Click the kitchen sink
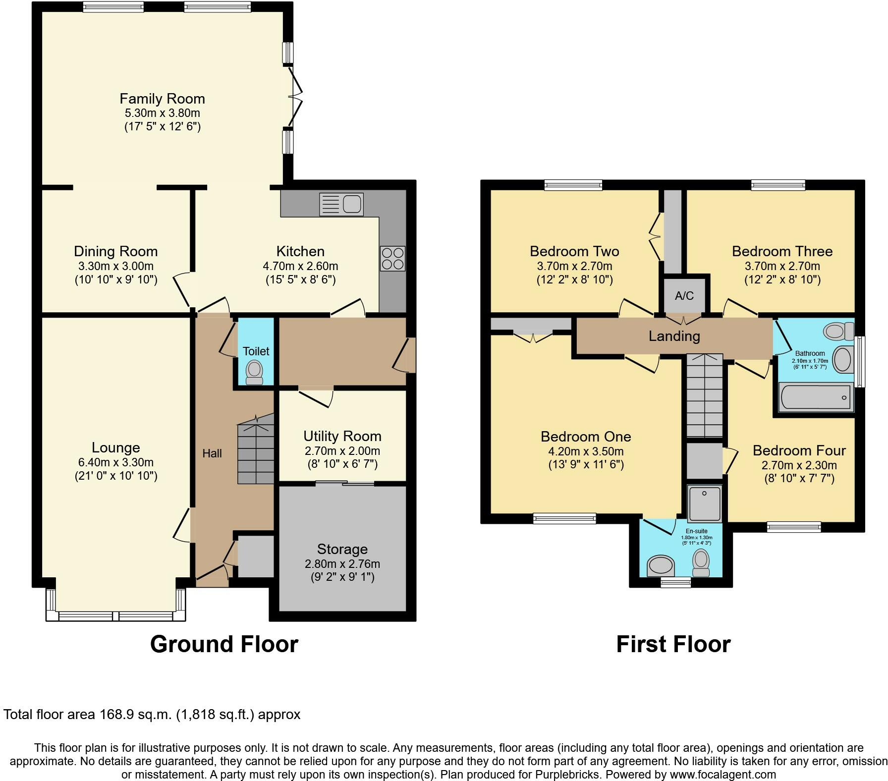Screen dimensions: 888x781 (x=341, y=204)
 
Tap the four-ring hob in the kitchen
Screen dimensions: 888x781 (x=393, y=258)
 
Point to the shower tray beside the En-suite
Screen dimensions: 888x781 (x=704, y=503)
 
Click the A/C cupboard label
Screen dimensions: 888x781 (x=684, y=296)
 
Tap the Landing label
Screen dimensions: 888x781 (x=674, y=336)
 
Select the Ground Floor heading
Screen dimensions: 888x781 (x=224, y=644)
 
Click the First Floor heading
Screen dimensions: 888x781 (x=673, y=644)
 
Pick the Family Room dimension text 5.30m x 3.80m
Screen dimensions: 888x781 (x=162, y=113)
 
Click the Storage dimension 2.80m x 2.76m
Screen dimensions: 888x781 (x=342, y=564)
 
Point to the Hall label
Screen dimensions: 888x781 (x=212, y=453)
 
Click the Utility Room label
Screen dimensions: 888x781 (x=342, y=436)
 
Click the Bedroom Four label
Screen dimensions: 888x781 (x=799, y=450)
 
